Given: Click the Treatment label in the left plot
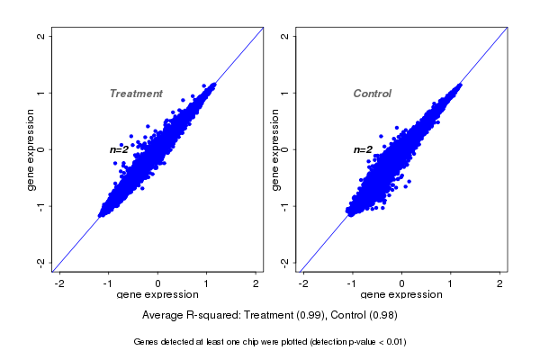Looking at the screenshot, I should (x=136, y=94).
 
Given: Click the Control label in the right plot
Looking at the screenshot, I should (x=373, y=94).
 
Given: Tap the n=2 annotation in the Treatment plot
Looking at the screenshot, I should (x=120, y=149).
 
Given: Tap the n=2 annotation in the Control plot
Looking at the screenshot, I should (x=363, y=149).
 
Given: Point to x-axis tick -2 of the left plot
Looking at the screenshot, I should (x=60, y=283).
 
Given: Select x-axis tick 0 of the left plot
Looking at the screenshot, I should (x=158, y=283).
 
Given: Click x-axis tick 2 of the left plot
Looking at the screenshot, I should (x=256, y=283).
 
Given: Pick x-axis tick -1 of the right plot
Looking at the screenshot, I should (x=353, y=283).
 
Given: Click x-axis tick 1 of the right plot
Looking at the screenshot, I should (x=451, y=283).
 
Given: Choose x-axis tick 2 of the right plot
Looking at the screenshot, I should (x=500, y=283).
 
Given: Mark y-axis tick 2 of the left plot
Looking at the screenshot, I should (x=41, y=36).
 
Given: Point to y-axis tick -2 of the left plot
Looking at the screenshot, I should (x=41, y=262).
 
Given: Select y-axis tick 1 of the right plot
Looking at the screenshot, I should (x=285, y=93).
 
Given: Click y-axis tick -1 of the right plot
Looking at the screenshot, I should (x=285, y=205).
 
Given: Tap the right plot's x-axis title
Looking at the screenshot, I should (x=401, y=294).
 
